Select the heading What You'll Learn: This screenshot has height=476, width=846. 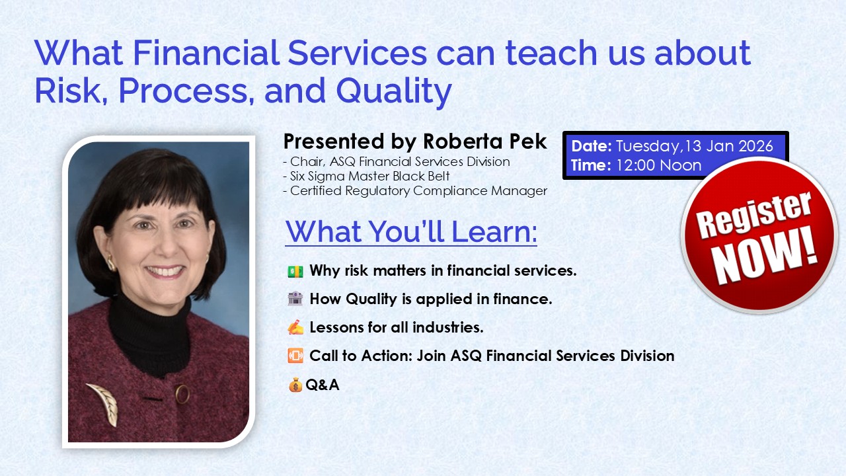coord(410,231)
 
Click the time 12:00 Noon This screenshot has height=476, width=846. coord(658,165)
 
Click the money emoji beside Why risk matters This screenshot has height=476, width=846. coord(295,271)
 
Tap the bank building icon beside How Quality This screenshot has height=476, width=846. coord(295,299)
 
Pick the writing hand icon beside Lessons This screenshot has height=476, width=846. coord(295,327)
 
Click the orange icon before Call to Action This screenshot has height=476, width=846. coord(295,356)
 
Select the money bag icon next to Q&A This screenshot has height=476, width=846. coord(295,385)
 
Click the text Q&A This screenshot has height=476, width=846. coord(323,385)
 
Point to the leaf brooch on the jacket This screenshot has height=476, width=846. coord(104,403)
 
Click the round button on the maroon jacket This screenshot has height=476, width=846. coord(182,394)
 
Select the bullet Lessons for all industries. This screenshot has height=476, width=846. coord(397,327)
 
